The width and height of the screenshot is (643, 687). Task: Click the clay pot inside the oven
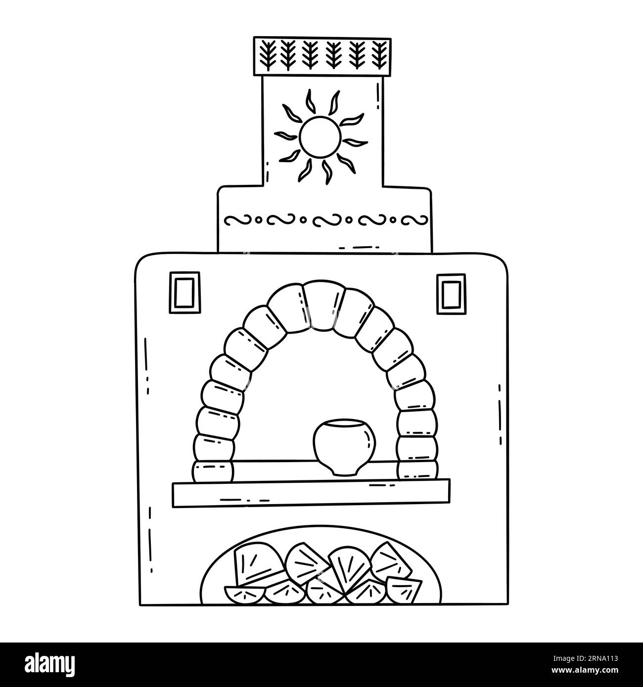344,447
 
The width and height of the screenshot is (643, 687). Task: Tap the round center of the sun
320,136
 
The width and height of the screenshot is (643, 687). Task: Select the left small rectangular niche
184,293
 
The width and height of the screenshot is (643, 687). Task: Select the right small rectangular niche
451,294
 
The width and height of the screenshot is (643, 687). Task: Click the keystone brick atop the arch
323,306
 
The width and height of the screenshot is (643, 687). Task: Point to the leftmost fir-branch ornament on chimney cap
268,54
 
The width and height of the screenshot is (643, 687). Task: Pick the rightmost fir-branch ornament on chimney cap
380,55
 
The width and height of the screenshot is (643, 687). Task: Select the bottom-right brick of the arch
417,470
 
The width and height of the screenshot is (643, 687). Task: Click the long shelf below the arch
311,493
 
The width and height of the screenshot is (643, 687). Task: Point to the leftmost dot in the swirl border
258,219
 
